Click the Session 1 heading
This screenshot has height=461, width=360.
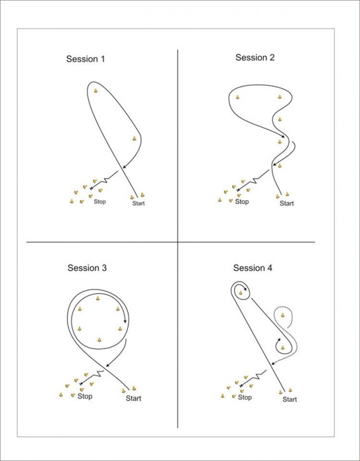(86, 59)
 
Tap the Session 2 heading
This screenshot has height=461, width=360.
(255, 57)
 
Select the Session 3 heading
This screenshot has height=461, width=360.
(87, 268)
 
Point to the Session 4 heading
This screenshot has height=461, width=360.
(253, 268)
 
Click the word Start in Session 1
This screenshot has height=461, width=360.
(139, 203)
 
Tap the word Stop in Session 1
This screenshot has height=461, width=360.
(100, 202)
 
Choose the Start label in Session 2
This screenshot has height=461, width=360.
(287, 203)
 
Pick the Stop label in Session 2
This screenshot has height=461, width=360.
(242, 202)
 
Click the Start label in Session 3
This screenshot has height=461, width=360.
(134, 399)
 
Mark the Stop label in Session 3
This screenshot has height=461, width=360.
(85, 396)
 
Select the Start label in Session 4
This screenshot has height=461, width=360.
(289, 399)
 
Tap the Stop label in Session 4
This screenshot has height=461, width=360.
(245, 397)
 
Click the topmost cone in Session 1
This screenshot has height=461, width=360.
(95, 91)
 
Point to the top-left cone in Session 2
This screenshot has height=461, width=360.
(238, 97)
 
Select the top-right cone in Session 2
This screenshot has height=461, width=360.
(280, 97)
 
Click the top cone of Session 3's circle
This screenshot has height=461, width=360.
(98, 298)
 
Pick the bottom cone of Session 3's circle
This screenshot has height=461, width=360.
(99, 340)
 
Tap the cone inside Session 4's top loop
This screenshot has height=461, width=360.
(241, 292)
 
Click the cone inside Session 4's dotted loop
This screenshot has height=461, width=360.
(282, 315)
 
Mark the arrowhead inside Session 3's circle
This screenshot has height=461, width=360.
(125, 320)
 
